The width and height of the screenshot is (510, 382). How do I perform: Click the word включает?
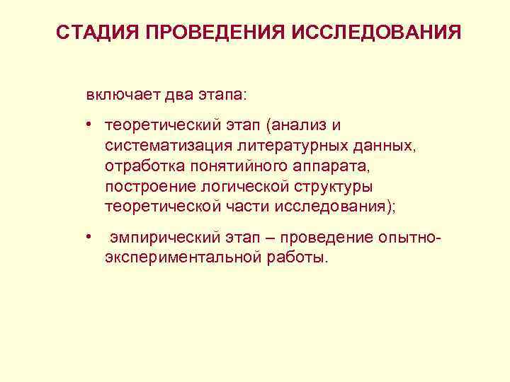118,94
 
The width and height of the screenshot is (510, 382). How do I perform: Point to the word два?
171,94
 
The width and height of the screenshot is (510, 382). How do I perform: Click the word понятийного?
230,167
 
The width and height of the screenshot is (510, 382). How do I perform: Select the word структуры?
331,187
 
